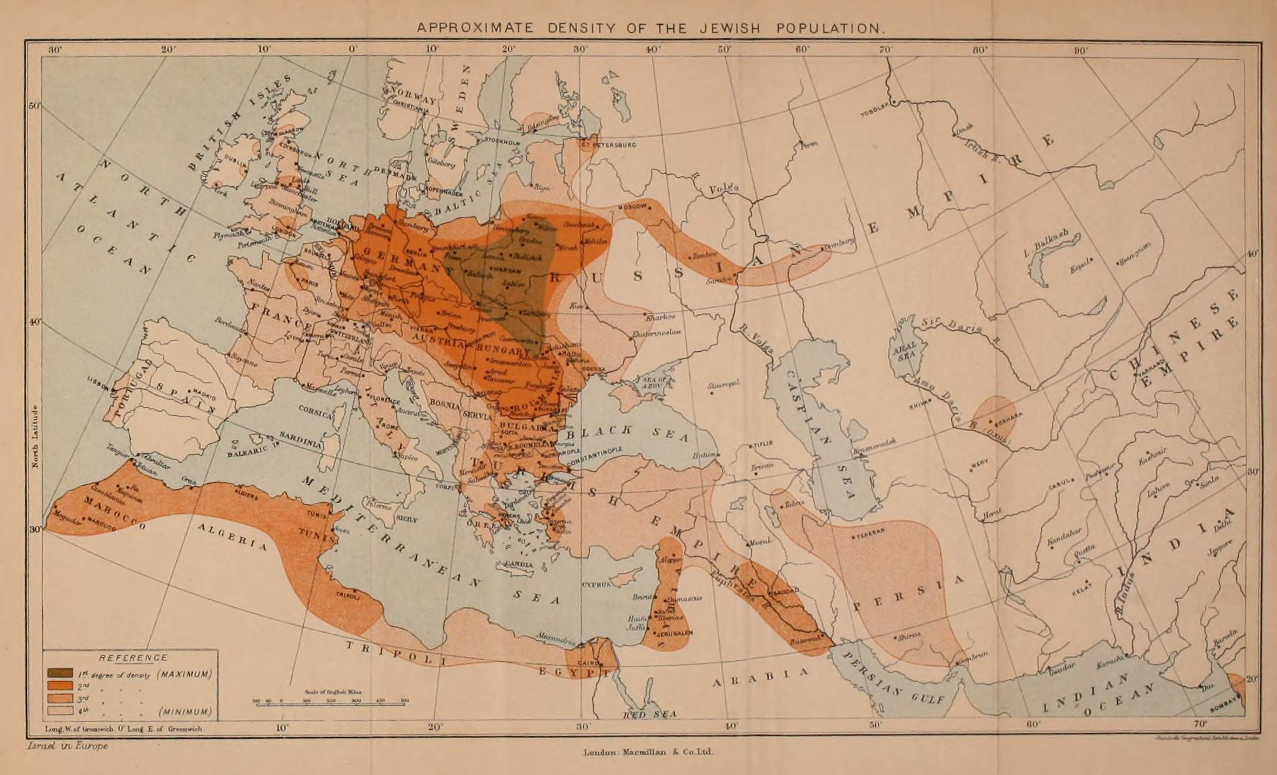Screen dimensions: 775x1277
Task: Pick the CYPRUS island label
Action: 596,584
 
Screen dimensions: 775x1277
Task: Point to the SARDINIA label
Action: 300,440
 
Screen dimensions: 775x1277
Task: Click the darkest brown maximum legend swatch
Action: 60,673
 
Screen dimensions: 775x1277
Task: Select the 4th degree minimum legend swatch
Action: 60,710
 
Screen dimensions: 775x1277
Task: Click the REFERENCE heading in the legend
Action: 133,658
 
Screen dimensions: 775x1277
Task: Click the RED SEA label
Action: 650,714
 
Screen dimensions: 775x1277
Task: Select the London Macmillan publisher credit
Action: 648,752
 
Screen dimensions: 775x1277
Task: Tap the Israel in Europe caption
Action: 68,746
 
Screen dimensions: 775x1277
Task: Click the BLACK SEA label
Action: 634,433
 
